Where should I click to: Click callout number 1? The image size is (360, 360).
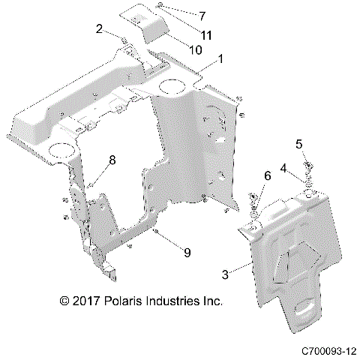click(220, 58)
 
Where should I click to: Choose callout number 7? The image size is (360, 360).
click(181, 14)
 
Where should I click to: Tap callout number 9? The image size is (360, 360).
click(187, 252)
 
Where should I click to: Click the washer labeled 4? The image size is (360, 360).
click(307, 182)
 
